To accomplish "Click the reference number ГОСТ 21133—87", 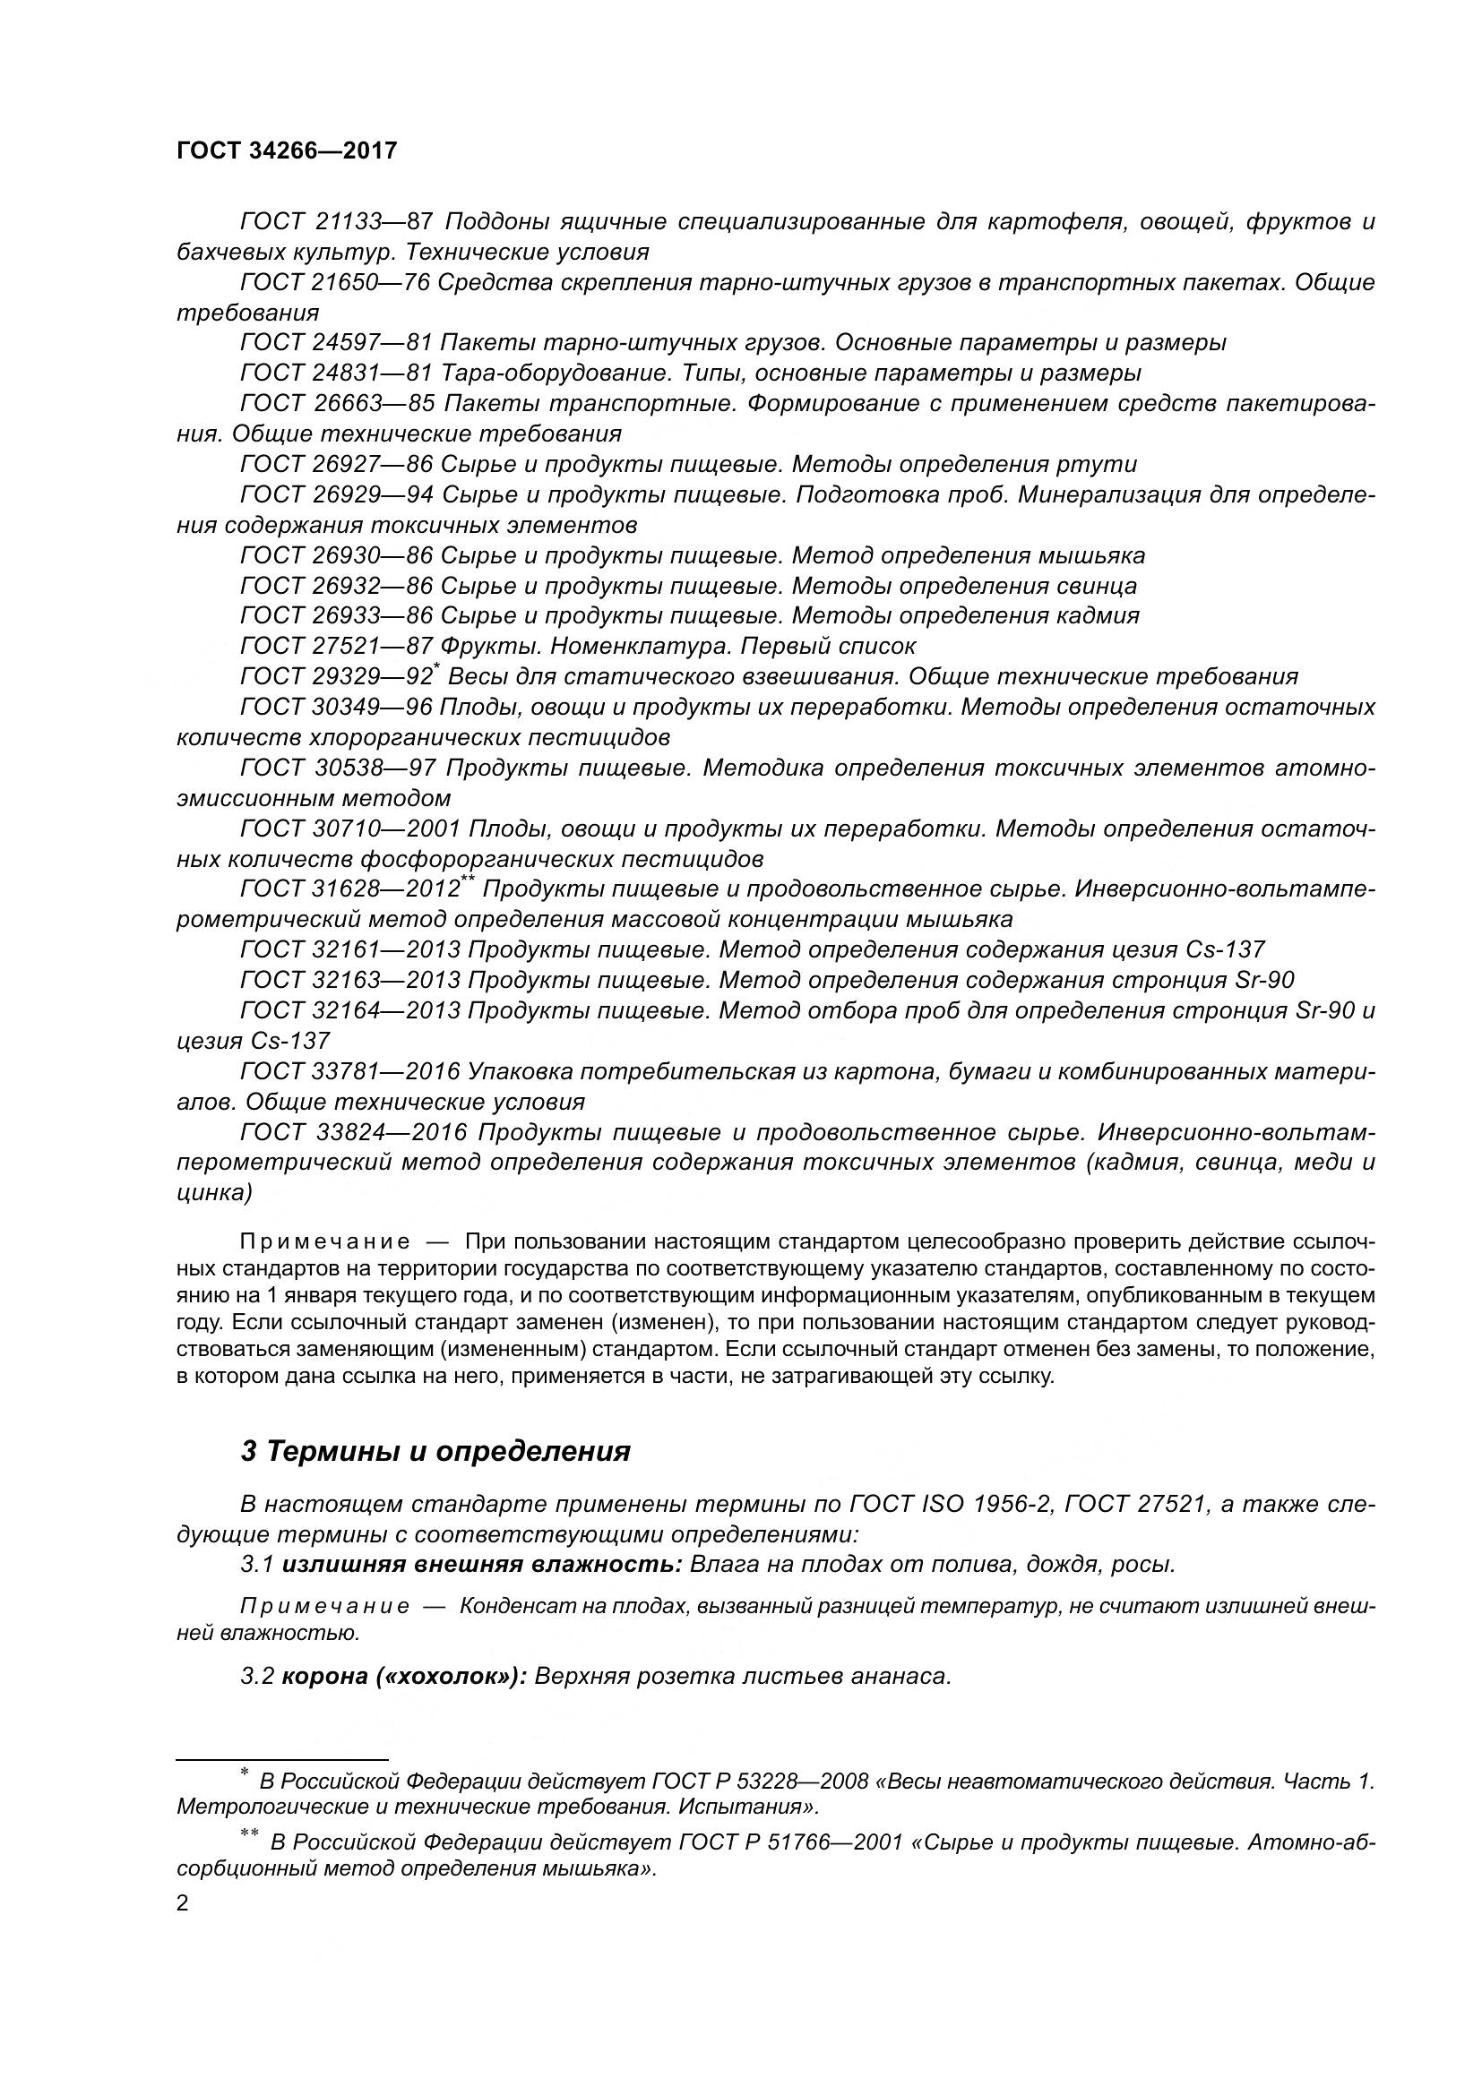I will point(336,222).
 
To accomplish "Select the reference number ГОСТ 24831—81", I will point(336,373).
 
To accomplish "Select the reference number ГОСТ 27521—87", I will point(336,646).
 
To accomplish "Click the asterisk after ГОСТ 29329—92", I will point(437,669).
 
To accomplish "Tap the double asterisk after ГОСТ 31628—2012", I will point(468,880).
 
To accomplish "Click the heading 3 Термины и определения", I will point(435,1451).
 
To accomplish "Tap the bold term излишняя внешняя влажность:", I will point(482,1565).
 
